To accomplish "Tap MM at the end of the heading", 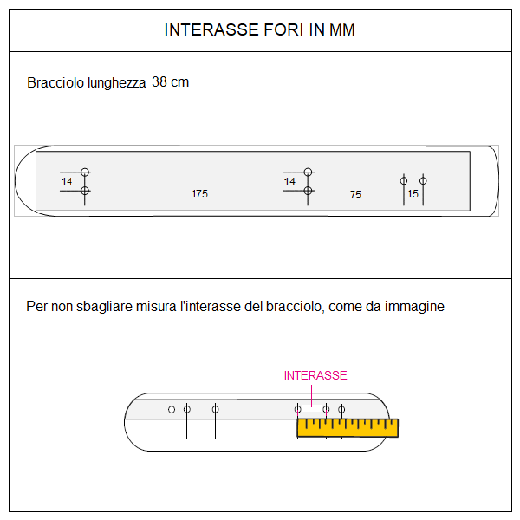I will point(341,30).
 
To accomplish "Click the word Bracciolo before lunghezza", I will point(55,83).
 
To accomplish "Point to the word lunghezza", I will point(116,83).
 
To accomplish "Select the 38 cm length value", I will point(170,82).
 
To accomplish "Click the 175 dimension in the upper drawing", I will point(199,194).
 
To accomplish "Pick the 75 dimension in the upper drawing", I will point(355,195).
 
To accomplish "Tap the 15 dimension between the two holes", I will point(413,193).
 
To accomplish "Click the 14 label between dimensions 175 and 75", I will point(289,181).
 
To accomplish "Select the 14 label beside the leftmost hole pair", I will point(67,181).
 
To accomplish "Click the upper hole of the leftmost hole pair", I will point(85,172).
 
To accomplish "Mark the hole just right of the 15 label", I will point(423,180).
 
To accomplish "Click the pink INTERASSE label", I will point(315,375).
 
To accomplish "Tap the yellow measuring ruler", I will point(347,426).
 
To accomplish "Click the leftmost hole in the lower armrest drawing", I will point(172,408).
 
